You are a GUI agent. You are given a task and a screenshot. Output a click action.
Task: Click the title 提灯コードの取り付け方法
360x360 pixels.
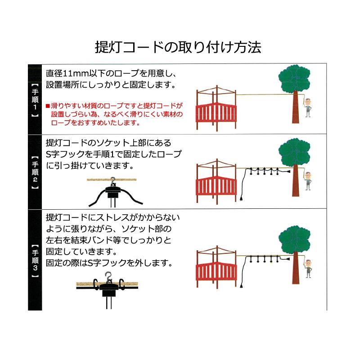(x=179, y=47)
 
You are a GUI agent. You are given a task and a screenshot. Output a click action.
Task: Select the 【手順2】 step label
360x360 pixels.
(x=36, y=172)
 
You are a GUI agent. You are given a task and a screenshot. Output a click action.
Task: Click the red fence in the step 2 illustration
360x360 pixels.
(x=216, y=189)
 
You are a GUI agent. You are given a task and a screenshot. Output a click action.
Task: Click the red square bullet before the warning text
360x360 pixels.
(x=48, y=106)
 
